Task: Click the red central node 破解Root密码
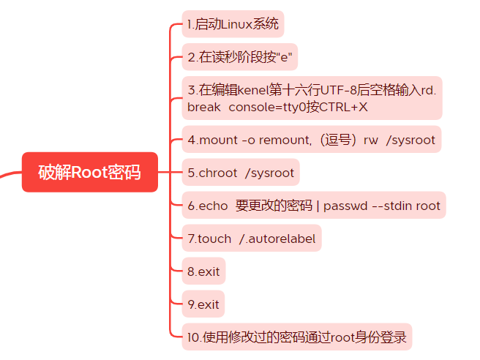[89, 173]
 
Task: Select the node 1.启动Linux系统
[233, 24]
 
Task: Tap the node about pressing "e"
[242, 56]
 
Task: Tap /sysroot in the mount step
[410, 140]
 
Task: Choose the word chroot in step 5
[218, 173]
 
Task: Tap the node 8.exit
[203, 271]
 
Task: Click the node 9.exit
[203, 304]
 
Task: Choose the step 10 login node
[297, 337]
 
